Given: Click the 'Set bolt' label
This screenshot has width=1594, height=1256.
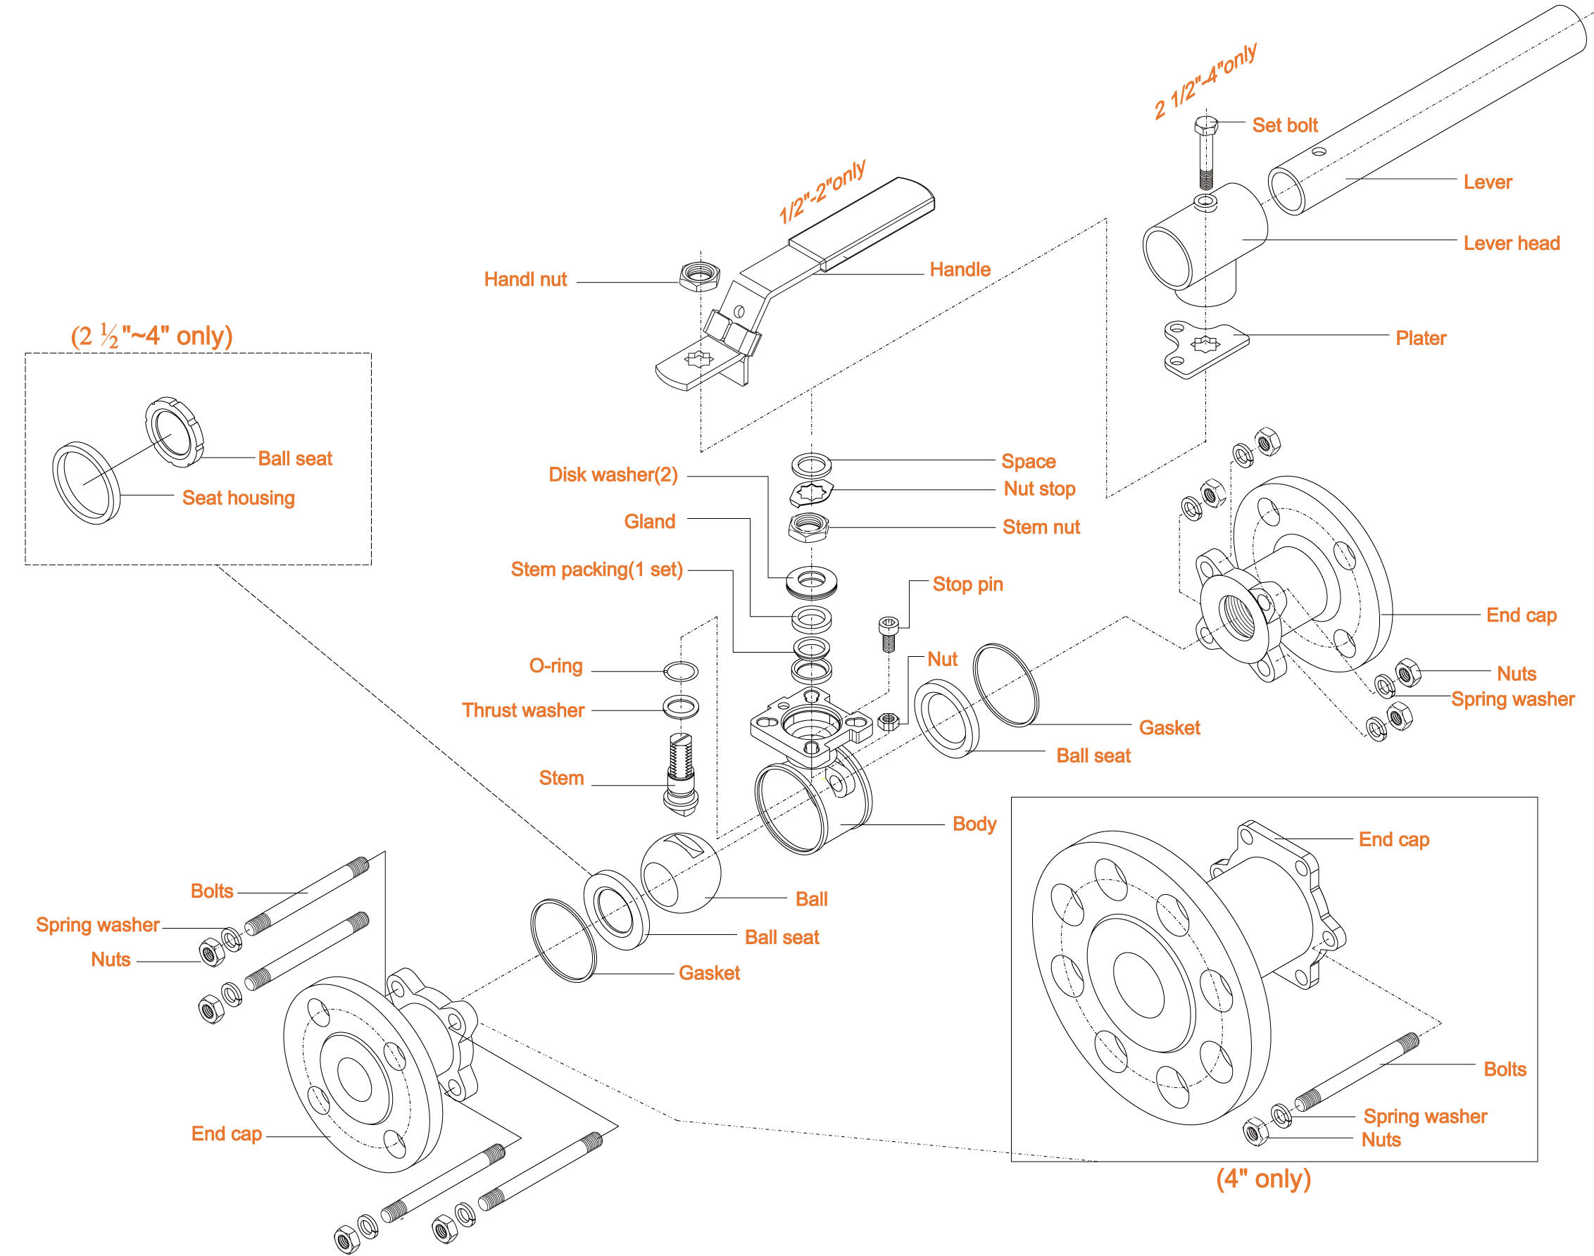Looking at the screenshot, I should click(x=1284, y=125).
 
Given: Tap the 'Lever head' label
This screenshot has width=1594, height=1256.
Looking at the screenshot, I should click(x=1511, y=243).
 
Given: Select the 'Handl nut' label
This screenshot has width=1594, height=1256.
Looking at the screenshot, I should click(x=525, y=280).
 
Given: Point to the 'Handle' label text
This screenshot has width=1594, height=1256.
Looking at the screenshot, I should click(x=960, y=270).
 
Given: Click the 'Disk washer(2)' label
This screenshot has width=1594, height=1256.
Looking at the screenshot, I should click(x=613, y=475).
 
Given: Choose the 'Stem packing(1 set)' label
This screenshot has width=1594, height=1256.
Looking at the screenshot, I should click(x=596, y=569).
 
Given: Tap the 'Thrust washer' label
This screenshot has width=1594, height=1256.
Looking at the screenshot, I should click(x=522, y=710).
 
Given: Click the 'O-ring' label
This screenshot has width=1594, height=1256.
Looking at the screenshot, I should click(x=555, y=665).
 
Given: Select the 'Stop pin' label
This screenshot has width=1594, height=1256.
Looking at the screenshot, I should click(x=967, y=584).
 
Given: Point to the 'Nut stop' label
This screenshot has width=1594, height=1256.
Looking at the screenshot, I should click(x=1039, y=489).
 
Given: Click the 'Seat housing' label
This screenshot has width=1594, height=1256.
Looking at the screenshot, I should click(x=238, y=498).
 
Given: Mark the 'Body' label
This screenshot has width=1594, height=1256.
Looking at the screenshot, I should click(x=974, y=824).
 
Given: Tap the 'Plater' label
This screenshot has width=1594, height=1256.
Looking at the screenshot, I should click(x=1421, y=338).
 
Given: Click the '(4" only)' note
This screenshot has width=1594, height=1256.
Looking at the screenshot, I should click(x=1263, y=1178).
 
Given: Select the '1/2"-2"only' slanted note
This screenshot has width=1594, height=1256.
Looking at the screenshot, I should click(x=822, y=191).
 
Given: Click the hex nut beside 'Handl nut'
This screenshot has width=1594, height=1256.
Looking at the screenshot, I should click(x=698, y=277).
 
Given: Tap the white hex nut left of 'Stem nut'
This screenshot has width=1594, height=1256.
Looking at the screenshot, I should click(x=810, y=525).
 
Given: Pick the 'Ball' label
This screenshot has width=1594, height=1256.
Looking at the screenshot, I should click(x=811, y=898).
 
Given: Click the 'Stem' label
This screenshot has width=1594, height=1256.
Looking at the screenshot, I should click(x=561, y=778).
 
